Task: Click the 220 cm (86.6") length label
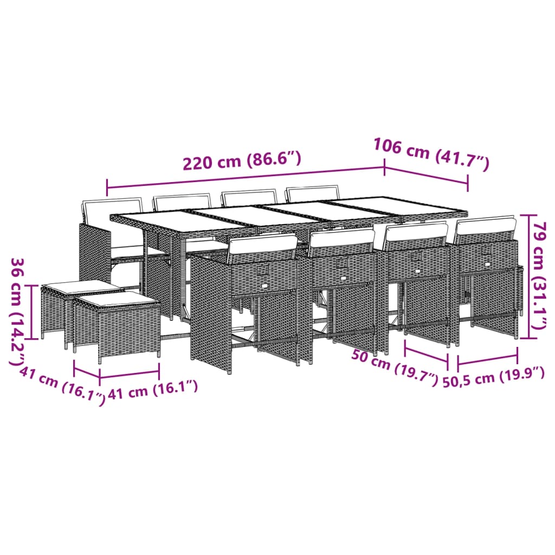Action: (242, 162)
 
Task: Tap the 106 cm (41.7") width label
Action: (431, 154)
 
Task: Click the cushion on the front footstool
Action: (117, 299)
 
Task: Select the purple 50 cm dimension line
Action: (427, 352)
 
